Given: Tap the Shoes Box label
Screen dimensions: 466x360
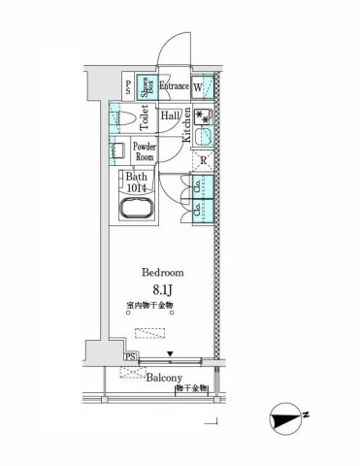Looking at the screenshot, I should [x=144, y=86].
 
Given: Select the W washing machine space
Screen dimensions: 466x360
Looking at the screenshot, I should [x=198, y=86].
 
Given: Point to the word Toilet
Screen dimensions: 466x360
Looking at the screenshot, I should [x=145, y=117].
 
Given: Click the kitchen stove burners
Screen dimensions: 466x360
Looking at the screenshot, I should [x=203, y=117].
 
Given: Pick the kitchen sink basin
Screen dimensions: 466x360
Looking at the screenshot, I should [x=203, y=139].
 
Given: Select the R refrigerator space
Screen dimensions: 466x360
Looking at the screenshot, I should [x=205, y=161].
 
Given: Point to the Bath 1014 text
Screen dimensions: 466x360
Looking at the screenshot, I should [x=139, y=183].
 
